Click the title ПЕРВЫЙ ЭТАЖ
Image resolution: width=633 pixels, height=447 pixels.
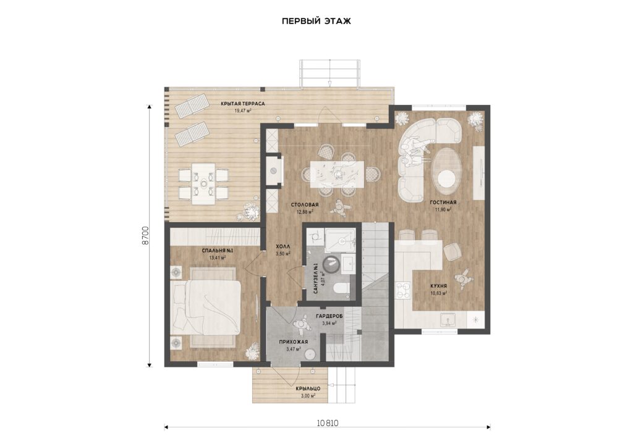coord(316,22)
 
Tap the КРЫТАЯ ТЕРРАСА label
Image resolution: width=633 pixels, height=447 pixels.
coord(242,104)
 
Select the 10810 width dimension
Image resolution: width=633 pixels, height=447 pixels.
coord(328,423)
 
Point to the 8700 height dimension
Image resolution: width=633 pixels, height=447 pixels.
coord(146,236)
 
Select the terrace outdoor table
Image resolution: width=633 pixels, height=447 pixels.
coord(203,184)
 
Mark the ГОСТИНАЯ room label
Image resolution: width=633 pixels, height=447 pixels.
coord(443,203)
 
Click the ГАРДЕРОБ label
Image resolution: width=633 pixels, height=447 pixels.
coord(329,316)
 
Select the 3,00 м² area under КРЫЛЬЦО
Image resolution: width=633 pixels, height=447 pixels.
coord(308,396)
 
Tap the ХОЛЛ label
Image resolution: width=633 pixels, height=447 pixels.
coord(283,246)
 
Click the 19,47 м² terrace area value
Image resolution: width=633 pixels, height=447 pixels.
coord(243,110)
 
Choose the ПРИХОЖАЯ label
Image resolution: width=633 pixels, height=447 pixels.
coord(294,342)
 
